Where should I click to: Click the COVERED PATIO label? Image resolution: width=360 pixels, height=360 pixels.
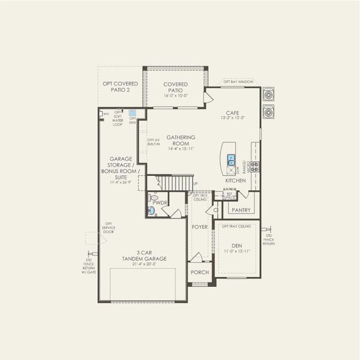pyautogui.click(x=176, y=87)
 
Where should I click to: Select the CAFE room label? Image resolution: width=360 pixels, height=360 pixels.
pyautogui.click(x=233, y=113)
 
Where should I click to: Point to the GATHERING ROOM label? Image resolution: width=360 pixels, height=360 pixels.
pyautogui.click(x=181, y=140)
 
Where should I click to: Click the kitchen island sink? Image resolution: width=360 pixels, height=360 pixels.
pyautogui.click(x=231, y=160)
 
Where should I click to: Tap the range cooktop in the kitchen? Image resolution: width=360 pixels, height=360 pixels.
pyautogui.click(x=254, y=166)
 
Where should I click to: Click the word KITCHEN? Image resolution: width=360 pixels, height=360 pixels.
pyautogui.click(x=235, y=181)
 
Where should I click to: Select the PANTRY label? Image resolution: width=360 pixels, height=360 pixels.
pyautogui.click(x=241, y=210)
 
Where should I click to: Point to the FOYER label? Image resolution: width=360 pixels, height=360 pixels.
pyautogui.click(x=199, y=227)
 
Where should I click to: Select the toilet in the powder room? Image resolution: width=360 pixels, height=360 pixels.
pyautogui.click(x=154, y=197)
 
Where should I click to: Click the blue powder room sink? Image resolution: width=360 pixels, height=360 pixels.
pyautogui.click(x=151, y=211)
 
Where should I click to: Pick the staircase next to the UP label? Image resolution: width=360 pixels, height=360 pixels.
pyautogui.click(x=175, y=182)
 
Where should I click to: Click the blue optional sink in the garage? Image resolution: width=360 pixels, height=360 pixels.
pyautogui.click(x=132, y=112)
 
